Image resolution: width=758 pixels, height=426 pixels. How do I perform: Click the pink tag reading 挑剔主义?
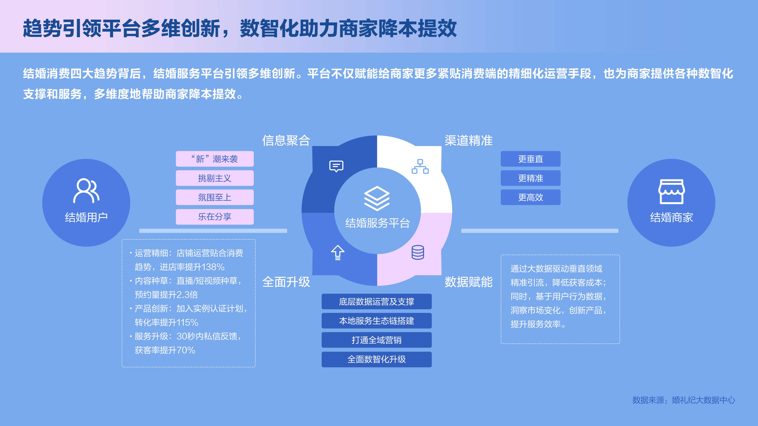pos(215,178)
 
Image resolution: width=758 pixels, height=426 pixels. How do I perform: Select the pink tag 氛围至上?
pos(215,197)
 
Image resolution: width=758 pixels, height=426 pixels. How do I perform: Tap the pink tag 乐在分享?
pos(215,217)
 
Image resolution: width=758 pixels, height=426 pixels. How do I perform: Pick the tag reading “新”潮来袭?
pos(215,159)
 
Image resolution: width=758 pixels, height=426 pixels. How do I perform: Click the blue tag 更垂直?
pos(531,159)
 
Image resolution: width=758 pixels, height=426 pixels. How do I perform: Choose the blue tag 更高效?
pos(531,197)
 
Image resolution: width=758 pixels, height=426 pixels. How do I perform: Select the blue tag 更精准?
pos(531,178)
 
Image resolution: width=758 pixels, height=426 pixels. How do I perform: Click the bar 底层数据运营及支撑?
pos(377,301)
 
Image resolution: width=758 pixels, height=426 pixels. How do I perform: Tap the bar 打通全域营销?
pos(377,340)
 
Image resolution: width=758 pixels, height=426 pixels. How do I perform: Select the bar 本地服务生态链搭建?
pos(377,321)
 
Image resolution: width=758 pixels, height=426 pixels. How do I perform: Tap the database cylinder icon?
pos(418,252)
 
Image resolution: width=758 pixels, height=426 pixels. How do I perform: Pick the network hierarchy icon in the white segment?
pos(420,166)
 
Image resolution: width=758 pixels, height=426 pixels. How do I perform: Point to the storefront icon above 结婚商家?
pos(672,191)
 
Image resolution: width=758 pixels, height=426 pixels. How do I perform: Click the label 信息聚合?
pos(286,140)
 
